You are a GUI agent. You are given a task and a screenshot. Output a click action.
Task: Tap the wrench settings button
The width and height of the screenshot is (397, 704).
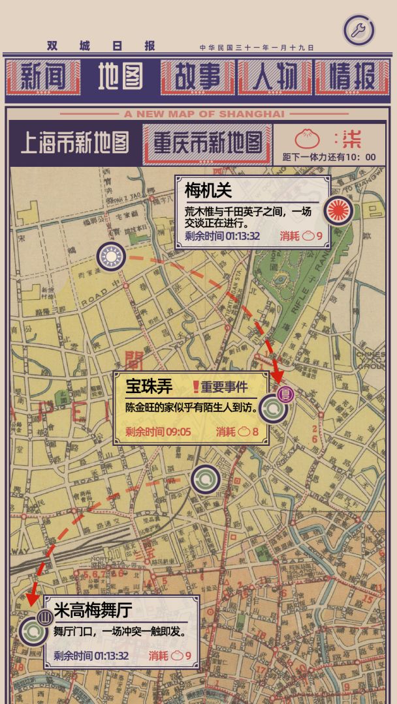click(358, 30)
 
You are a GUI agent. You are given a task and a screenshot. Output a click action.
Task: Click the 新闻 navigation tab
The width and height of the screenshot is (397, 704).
click(42, 77)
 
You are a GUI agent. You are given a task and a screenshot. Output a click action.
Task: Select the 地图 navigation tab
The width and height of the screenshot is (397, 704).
click(120, 77)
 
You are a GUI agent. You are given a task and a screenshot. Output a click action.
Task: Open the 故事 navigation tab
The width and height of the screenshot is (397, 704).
click(198, 77)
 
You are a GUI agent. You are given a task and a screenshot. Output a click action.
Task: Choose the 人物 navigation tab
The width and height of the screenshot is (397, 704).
click(275, 77)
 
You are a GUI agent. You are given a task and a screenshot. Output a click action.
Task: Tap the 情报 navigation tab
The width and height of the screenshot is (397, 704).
click(353, 77)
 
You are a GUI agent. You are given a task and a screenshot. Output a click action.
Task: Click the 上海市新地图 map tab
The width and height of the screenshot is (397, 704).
click(74, 143)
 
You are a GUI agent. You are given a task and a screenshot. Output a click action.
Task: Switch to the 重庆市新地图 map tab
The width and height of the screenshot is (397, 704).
click(208, 143)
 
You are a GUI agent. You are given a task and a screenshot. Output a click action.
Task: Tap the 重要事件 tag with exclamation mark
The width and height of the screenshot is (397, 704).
click(220, 387)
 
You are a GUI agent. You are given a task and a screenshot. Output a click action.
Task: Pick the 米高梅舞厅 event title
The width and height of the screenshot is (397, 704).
click(93, 610)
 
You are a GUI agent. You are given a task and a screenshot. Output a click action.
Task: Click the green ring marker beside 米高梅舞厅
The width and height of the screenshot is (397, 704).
click(33, 630)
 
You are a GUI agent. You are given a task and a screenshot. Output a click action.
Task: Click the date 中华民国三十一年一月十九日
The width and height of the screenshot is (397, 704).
click(257, 48)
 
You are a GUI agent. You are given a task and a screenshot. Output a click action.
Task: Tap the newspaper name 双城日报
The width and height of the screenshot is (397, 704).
click(101, 46)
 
